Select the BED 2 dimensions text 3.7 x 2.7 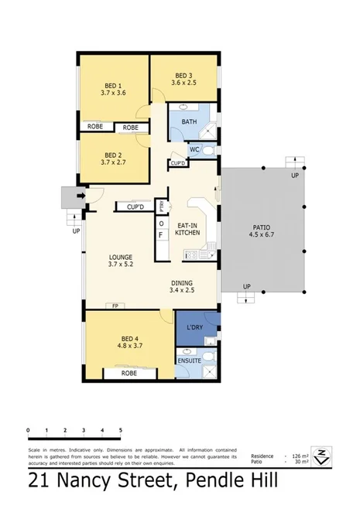pyautogui.click(x=115, y=163)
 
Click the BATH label pyautogui.click(x=189, y=121)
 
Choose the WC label pyautogui.click(x=195, y=149)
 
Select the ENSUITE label pyautogui.click(x=188, y=360)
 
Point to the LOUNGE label pyautogui.click(x=121, y=257)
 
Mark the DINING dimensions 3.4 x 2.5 pyautogui.click(x=182, y=292)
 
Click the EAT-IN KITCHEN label pyautogui.click(x=187, y=228)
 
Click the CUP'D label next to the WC pyautogui.click(x=177, y=163)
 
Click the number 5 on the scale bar pyautogui.click(x=121, y=429)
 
